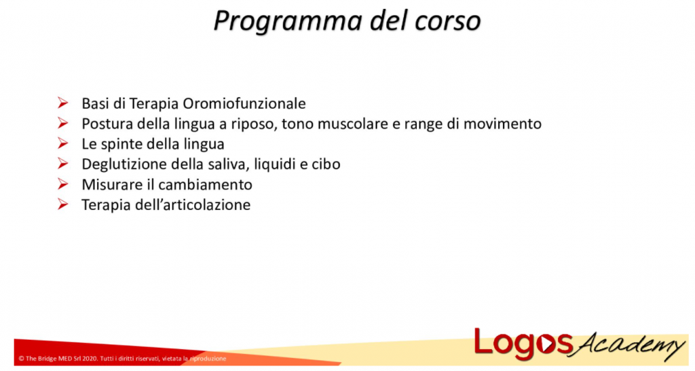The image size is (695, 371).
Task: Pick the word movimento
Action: [503, 124]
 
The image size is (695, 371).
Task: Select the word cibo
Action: [326, 164]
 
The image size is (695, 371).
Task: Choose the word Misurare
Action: [108, 184]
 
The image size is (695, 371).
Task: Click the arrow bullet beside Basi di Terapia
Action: [63, 104]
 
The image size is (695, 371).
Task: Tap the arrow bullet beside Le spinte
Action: [63, 144]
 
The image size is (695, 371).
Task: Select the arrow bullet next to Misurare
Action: [63, 184]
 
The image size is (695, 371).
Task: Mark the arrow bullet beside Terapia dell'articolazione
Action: [63, 205]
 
